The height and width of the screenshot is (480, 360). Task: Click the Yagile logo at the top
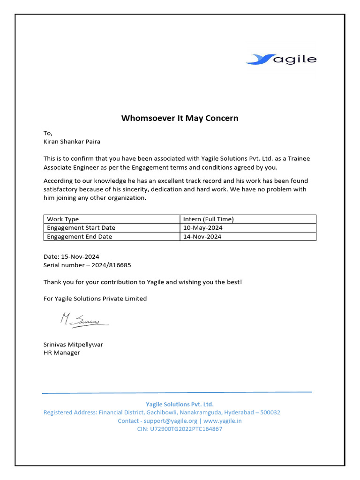click(x=281, y=59)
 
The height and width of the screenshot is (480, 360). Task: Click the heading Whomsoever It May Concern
click(x=180, y=118)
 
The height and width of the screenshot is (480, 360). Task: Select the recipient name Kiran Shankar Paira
click(x=72, y=141)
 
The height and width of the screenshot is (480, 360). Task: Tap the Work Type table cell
click(x=63, y=219)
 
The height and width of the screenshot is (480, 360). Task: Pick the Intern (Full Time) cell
click(x=208, y=219)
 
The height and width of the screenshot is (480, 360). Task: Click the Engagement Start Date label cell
click(x=81, y=228)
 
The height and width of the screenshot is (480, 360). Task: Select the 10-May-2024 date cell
click(x=202, y=228)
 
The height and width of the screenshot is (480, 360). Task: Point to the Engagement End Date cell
click(x=79, y=237)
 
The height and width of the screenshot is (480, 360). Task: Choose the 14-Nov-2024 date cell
click(x=202, y=237)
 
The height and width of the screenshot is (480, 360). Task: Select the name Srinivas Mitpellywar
click(x=73, y=345)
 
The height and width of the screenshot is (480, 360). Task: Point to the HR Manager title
click(x=62, y=352)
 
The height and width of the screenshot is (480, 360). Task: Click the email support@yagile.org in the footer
click(x=170, y=420)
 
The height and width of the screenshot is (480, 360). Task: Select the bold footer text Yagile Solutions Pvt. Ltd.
click(x=180, y=404)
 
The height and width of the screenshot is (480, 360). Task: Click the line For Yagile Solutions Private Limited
click(x=95, y=299)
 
